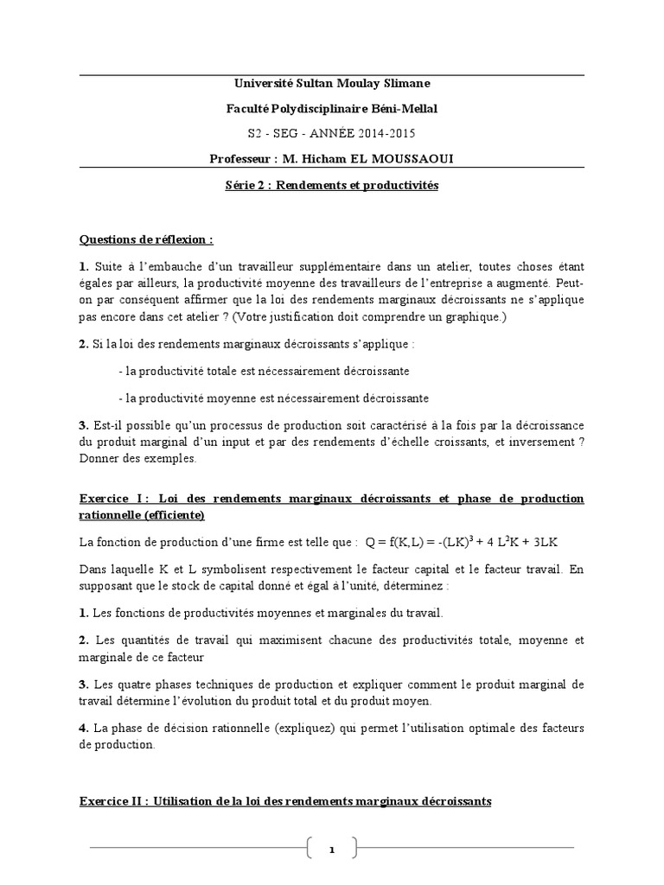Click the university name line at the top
coord(332,83)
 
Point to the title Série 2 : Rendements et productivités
coord(332,186)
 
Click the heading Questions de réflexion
coord(146,239)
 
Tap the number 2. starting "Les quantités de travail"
coord(84,640)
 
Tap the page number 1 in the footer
coord(331,850)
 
